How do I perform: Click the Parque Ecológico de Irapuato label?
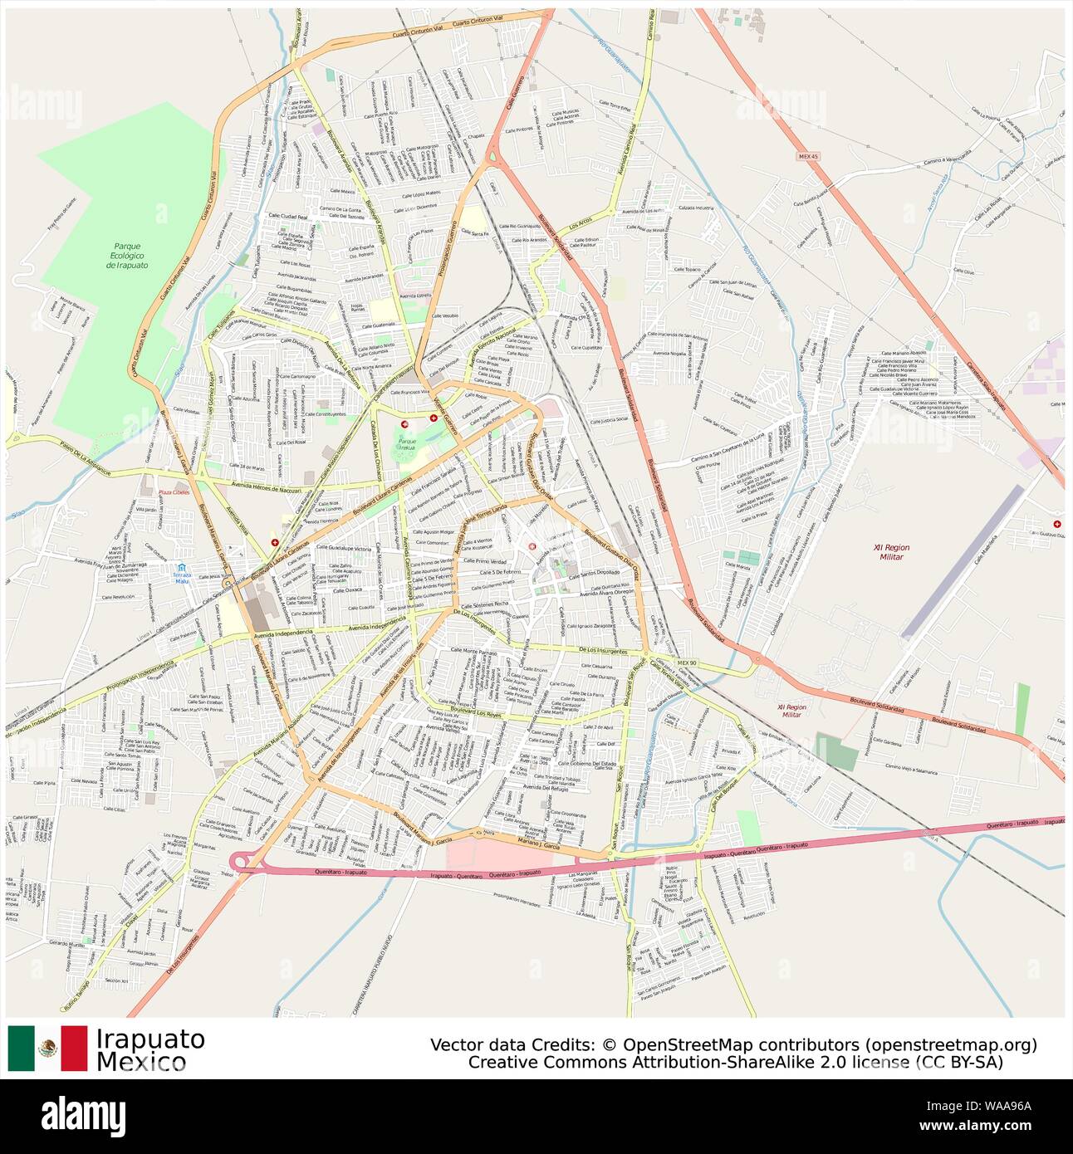tap(128, 255)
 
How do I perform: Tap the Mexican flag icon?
tap(47, 1048)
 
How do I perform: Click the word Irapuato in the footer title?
tap(150, 1039)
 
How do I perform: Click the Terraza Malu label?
tap(182, 578)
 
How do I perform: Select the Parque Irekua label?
tap(407, 444)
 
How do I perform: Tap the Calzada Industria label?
tap(696, 208)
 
